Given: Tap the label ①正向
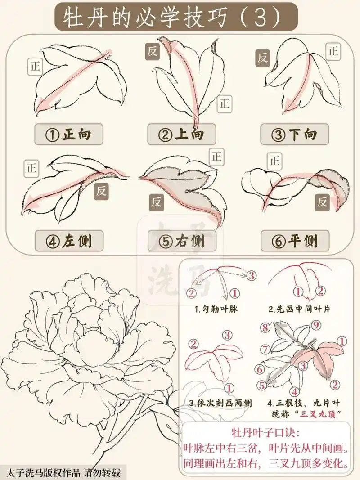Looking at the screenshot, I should (x=68, y=134).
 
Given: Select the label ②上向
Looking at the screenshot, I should (x=181, y=134).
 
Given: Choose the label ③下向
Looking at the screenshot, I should (x=295, y=134).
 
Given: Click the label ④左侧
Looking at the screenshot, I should (x=68, y=241).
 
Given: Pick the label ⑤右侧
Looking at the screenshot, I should (x=181, y=241).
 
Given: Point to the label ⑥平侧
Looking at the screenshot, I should (x=295, y=241).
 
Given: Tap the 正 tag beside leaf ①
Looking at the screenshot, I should (x=35, y=67).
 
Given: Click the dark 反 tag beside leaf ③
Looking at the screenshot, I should (x=263, y=58).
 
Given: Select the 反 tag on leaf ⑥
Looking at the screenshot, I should (x=322, y=202).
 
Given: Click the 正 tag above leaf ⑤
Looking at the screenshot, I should (x=216, y=157).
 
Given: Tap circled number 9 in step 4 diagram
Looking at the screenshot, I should (x=316, y=324).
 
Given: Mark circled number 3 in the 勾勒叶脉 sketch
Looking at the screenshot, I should (x=251, y=274).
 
